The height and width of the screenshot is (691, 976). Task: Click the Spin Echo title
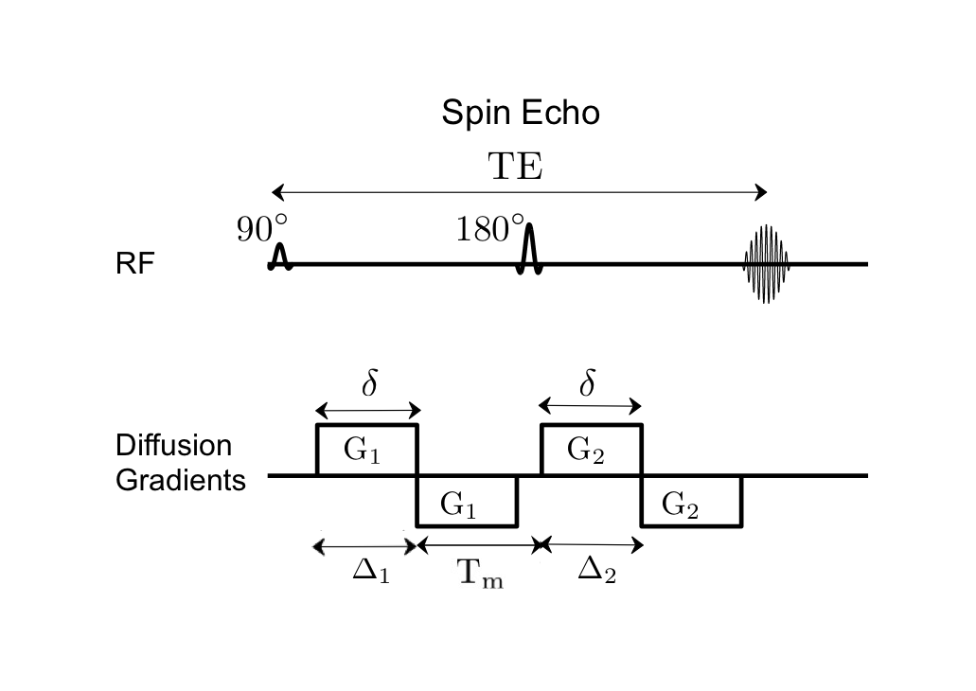coord(520,114)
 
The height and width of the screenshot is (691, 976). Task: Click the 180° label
coord(489,229)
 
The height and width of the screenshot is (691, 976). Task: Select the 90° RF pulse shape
coord(279,256)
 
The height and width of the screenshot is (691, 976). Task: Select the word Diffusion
coord(160,445)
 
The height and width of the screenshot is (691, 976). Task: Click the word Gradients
coord(180,480)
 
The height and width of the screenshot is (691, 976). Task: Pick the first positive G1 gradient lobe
coord(365,451)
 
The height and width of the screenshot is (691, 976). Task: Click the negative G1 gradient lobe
coord(468,501)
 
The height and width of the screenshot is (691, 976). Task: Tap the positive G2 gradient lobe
coord(591,451)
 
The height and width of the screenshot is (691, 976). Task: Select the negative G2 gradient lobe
coord(691,501)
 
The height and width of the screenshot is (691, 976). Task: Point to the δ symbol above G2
coord(588,385)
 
